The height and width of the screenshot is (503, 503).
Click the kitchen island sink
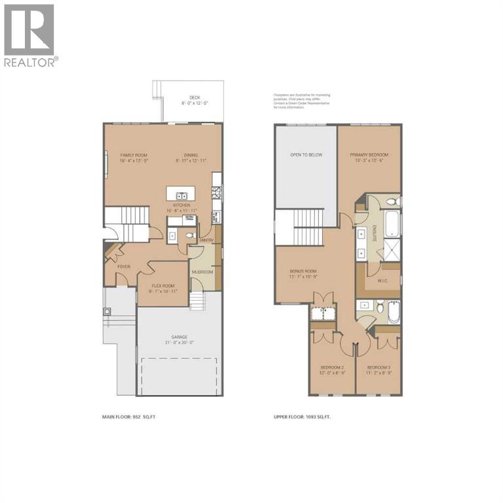pyautogui.click(x=180, y=195)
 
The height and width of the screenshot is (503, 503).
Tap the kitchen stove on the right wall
pyautogui.click(x=217, y=192)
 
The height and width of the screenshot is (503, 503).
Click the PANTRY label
pyautogui.click(x=207, y=240)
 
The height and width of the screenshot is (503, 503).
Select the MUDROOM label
pyautogui.click(x=202, y=271)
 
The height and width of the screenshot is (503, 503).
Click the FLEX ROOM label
pyautogui.click(x=164, y=286)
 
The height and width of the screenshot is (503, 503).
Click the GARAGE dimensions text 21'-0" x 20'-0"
pyautogui.click(x=179, y=342)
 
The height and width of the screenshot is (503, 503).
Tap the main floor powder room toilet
pyautogui.click(x=192, y=236)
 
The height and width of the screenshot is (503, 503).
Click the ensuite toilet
pyautogui.click(x=391, y=202)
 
